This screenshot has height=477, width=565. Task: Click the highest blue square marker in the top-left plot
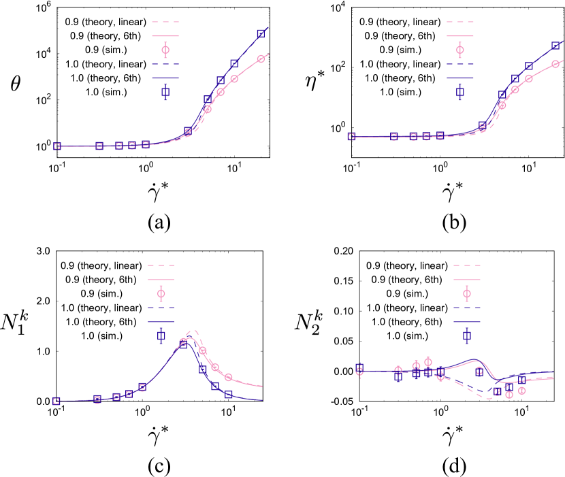(x=261, y=33)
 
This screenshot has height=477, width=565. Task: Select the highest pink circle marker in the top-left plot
(x=261, y=59)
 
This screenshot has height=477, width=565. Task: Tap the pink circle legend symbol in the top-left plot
(x=165, y=50)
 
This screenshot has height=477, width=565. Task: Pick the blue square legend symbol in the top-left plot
(x=165, y=92)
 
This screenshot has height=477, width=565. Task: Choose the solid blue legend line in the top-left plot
(x=165, y=78)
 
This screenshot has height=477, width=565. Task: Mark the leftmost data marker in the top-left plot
(x=56, y=146)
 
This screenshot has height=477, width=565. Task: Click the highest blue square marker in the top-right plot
(x=555, y=46)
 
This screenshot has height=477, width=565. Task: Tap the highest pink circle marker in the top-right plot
(x=555, y=64)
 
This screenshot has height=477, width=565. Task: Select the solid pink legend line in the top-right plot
(x=459, y=36)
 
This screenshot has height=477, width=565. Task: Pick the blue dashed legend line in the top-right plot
(x=459, y=64)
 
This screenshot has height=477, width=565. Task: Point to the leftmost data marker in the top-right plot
(x=351, y=137)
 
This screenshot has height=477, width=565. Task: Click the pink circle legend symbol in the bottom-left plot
(x=161, y=293)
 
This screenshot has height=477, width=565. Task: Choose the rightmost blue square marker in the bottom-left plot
(x=228, y=394)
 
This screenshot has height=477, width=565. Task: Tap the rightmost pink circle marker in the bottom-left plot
(x=228, y=377)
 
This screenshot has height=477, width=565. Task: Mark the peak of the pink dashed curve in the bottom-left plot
(x=193, y=331)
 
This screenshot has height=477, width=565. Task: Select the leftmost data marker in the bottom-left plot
(x=56, y=401)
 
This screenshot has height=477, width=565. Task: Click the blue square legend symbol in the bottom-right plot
(x=467, y=335)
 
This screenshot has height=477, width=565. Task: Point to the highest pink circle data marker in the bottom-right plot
(x=427, y=362)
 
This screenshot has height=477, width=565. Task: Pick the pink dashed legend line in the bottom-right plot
(x=467, y=265)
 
